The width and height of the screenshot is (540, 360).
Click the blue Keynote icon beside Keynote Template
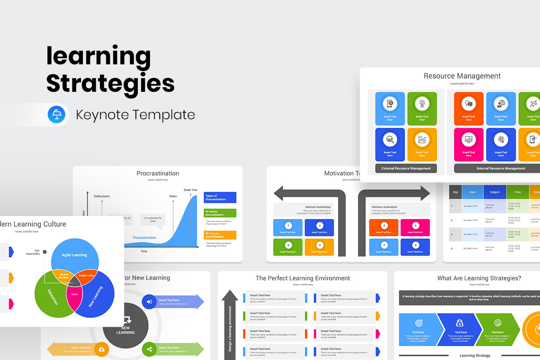pos(57,114)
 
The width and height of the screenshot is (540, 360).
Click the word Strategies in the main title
pos(110,83)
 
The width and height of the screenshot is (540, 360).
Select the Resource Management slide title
pos(462,76)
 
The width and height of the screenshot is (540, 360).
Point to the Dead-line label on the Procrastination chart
pos(190,190)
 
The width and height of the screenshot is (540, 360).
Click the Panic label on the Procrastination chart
pos(173,196)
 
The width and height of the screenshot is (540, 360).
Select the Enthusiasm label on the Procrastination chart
pos(102,196)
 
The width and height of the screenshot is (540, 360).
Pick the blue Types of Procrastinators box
pos(220,198)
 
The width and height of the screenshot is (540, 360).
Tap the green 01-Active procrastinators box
pos(220,213)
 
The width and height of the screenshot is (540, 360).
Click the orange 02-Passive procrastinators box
pos(220,235)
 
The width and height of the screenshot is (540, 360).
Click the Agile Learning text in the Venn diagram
pos(74,255)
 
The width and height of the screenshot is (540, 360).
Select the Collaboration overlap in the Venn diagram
pos(86,275)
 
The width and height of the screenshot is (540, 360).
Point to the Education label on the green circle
pos(53,297)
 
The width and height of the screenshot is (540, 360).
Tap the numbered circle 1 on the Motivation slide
pos(288,225)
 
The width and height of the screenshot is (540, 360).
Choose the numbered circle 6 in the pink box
pos(415,225)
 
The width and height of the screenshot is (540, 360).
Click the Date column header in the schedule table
pos(472,192)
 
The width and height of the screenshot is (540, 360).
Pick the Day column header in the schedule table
pos(455,192)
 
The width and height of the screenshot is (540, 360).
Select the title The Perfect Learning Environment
pos(302,278)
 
